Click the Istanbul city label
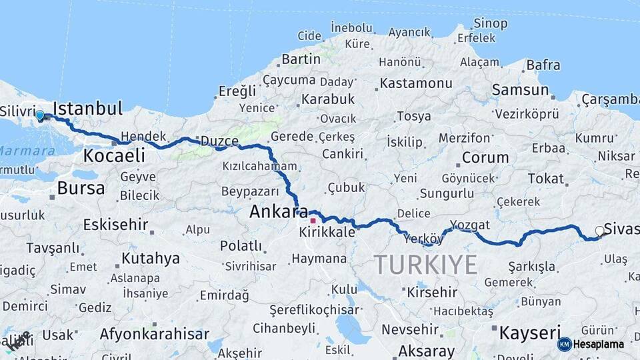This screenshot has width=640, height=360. [x=87, y=109]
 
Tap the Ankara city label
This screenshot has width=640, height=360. [x=279, y=212]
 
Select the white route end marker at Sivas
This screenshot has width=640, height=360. [x=599, y=231]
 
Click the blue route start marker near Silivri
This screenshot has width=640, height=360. [x=40, y=115]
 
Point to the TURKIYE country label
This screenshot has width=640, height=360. [x=425, y=265]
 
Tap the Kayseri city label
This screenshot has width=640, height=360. [x=530, y=333]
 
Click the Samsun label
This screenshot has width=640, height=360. [x=520, y=90]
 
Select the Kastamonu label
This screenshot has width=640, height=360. [x=416, y=83]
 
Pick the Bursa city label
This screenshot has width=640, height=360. [x=81, y=188]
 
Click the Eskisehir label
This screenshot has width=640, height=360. [x=115, y=225]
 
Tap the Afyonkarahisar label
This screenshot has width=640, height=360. [x=155, y=334]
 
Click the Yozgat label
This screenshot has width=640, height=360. [x=470, y=224]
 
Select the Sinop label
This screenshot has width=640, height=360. [x=491, y=23]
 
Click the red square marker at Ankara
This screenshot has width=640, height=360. [x=313, y=220]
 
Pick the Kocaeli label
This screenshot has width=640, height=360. [x=114, y=156]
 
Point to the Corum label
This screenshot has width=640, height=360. [x=485, y=158]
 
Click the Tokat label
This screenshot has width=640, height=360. [x=545, y=178]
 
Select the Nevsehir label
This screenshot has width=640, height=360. [x=410, y=329]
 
